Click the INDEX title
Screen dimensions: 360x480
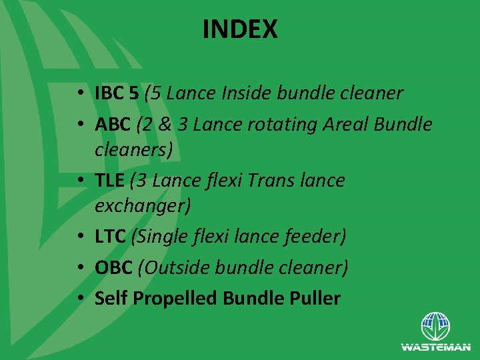click(x=240, y=29)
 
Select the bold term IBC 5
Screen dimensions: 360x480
click(x=117, y=93)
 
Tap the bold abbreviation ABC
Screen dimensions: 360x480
click(x=113, y=124)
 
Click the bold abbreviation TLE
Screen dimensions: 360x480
click(x=111, y=180)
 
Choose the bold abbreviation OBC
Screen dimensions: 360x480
click(x=113, y=267)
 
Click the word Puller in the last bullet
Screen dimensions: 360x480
click(x=311, y=298)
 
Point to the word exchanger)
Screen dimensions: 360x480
click(x=143, y=206)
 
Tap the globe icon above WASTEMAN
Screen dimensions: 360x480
click(x=435, y=327)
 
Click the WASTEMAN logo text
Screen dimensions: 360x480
click(x=435, y=347)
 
